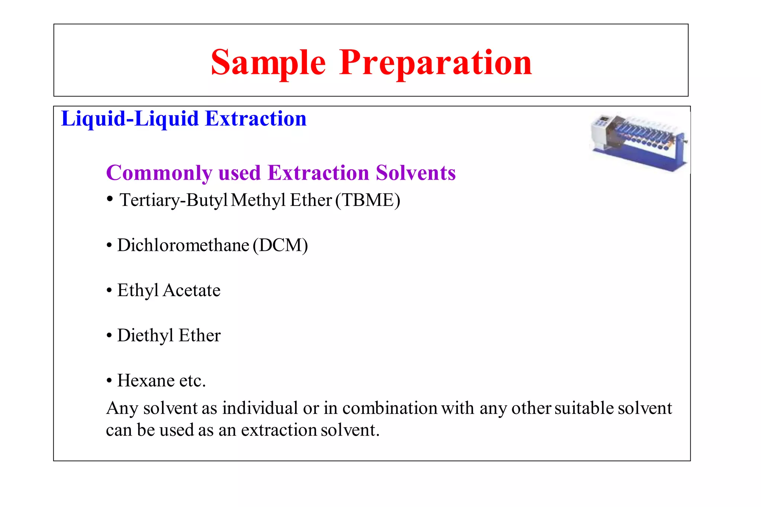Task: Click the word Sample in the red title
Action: tap(268, 63)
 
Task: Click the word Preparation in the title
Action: tap(435, 63)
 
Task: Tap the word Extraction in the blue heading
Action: tap(256, 119)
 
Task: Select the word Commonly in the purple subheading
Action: tap(159, 173)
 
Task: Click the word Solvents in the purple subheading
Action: tap(415, 173)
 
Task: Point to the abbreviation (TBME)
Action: tap(367, 200)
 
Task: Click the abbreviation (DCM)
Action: tap(280, 245)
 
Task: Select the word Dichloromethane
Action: tap(183, 245)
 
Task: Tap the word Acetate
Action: tap(191, 290)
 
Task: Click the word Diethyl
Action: tap(145, 336)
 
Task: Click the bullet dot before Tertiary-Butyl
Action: tap(110, 199)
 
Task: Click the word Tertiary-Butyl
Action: tap(173, 200)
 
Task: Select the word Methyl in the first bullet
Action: tap(258, 200)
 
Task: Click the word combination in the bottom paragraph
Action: tap(390, 408)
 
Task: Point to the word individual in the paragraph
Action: tap(260, 408)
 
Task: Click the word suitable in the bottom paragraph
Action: tap(584, 408)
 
